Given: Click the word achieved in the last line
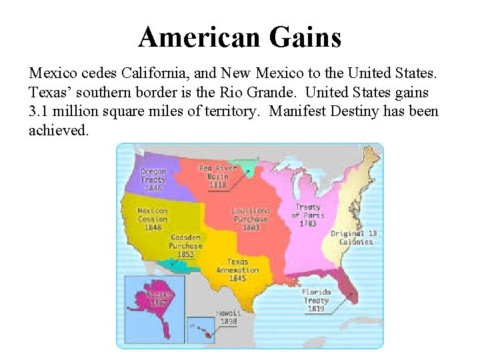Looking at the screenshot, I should pos(57,131).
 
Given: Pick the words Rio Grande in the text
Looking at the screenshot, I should pos(273,91).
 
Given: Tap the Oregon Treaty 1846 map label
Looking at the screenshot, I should pos(153,179).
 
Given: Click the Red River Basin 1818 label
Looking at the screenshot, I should pos(217,177).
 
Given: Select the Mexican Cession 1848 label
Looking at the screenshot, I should pos(153,219).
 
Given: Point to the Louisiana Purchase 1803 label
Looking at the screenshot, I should pos(250,219).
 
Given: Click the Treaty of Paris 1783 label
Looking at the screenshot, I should pos(307,215).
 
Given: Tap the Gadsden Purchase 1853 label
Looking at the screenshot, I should pos(185,245).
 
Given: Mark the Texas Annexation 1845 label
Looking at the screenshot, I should pos(237,270).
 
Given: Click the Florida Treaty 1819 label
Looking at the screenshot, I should pos(315,300).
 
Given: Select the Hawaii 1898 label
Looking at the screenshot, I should pos(228,316).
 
